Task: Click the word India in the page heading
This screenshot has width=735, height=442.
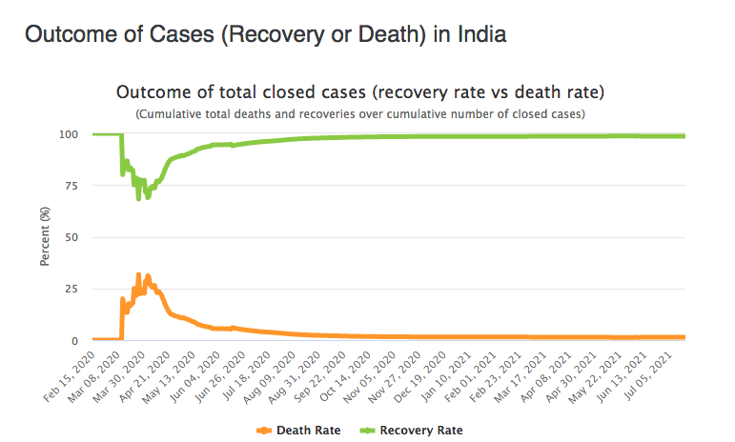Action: (x=481, y=34)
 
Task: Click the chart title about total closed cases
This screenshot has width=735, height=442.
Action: (x=360, y=92)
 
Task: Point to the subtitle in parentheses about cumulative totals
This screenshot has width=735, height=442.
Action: (x=360, y=114)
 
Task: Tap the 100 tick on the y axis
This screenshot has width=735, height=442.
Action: (x=69, y=135)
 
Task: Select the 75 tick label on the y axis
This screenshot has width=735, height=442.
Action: (x=71, y=186)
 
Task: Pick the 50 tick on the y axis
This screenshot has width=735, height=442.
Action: (x=71, y=237)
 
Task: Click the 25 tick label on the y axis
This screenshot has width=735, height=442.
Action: (x=71, y=289)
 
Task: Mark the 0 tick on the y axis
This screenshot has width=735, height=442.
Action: (x=74, y=341)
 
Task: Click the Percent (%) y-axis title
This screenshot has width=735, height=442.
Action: (x=45, y=236)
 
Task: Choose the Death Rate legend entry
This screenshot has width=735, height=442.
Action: (x=298, y=431)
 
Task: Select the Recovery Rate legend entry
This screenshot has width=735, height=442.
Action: (x=411, y=431)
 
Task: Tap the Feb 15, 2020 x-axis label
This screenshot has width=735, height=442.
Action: (x=70, y=377)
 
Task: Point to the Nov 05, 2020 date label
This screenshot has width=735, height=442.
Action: (x=369, y=377)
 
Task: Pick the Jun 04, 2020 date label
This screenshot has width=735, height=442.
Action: (x=194, y=377)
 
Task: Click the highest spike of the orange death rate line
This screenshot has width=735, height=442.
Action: (x=138, y=274)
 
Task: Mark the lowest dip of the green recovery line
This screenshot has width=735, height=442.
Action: (x=138, y=198)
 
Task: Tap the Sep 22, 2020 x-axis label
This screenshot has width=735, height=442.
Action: (x=319, y=377)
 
